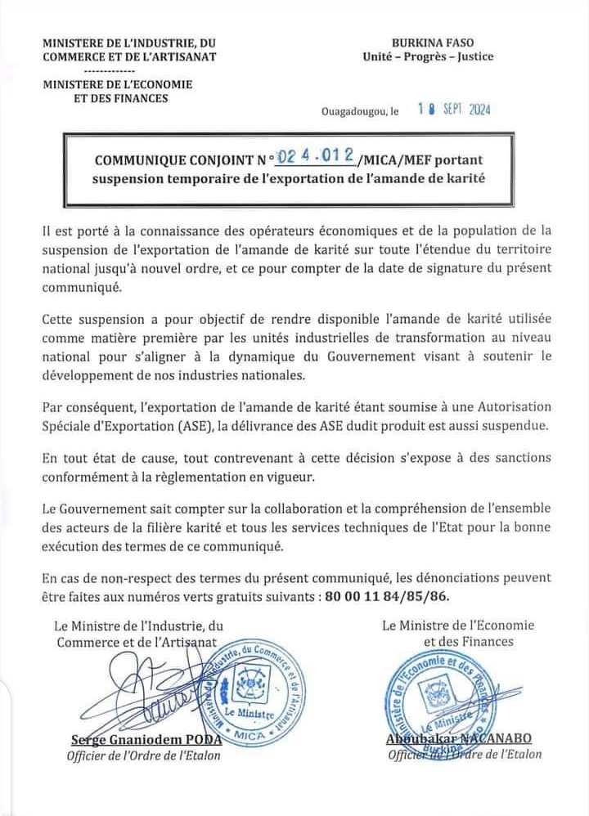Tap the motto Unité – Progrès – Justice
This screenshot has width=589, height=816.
tap(428, 56)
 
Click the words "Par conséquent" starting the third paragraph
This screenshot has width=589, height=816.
tap(80, 407)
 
